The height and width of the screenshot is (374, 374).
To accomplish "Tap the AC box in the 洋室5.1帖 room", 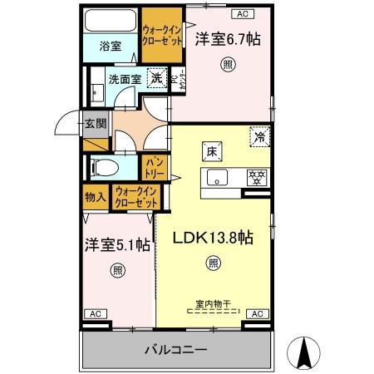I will pos(96,313).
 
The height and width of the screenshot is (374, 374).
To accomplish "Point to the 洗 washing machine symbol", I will pos(155,78).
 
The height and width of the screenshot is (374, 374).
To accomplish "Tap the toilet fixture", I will pos(103,166).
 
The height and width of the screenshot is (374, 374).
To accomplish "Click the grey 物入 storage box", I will pos(95,197).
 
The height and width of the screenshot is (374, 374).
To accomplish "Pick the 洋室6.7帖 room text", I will pos(223,39).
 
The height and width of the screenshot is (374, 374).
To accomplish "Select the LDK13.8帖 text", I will pos(213,238).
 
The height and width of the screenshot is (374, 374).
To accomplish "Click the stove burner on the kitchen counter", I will pos(258,176).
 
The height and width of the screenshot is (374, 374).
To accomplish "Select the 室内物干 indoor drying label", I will pos(214,305).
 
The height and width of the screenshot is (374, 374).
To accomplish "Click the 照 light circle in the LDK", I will pos(214,264).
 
